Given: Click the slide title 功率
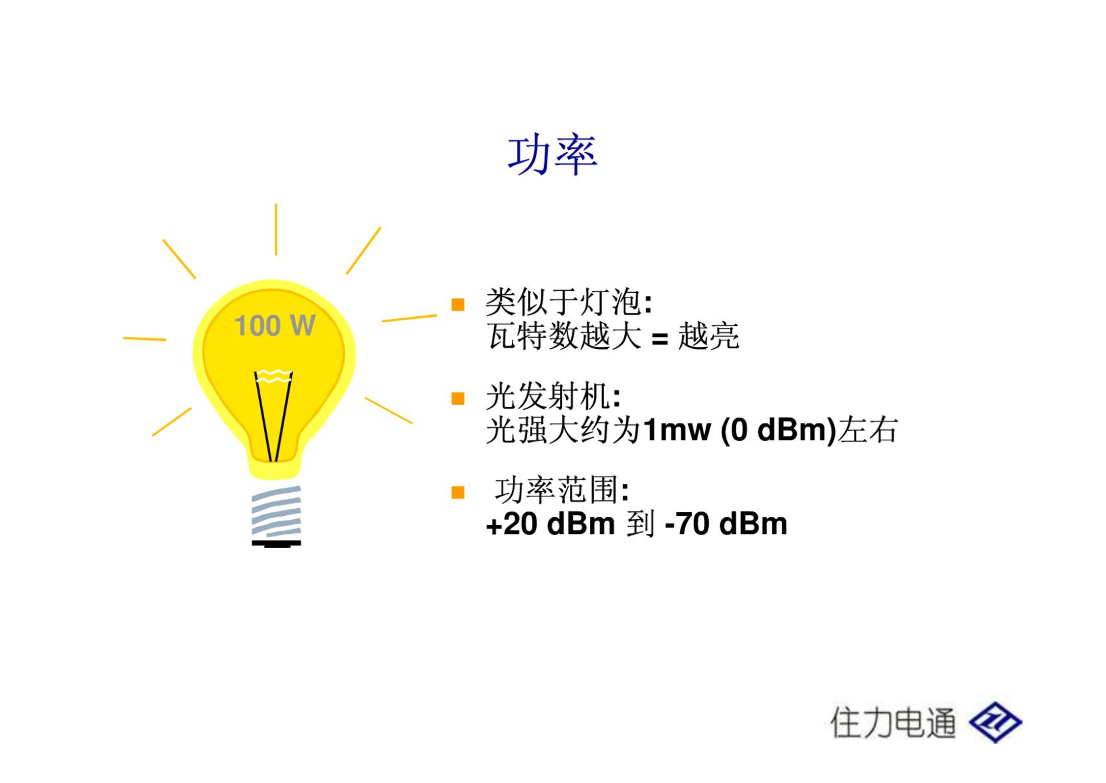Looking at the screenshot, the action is (553, 154).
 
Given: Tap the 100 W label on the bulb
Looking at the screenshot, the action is (275, 325).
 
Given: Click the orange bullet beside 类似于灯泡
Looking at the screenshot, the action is (458, 305).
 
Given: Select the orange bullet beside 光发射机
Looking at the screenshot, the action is (458, 398).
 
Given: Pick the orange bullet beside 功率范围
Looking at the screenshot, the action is (458, 492).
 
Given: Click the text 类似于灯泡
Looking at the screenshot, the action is (563, 302).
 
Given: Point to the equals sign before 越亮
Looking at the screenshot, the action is (660, 338).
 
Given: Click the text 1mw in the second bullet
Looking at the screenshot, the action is (677, 430).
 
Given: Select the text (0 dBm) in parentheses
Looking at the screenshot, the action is (778, 430).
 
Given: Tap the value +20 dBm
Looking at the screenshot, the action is (550, 524).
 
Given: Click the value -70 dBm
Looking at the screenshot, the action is (725, 524).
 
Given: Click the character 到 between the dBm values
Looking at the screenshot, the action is (640, 524).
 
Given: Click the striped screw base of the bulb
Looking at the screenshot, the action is (276, 511).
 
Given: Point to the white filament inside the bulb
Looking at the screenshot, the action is (274, 376).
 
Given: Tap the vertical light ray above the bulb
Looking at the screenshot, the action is (276, 229).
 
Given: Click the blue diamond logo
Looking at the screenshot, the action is (995, 722).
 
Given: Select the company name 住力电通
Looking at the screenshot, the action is (893, 723).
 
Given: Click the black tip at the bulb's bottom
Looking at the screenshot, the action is (276, 544).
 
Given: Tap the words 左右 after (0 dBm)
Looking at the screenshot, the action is (868, 430).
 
